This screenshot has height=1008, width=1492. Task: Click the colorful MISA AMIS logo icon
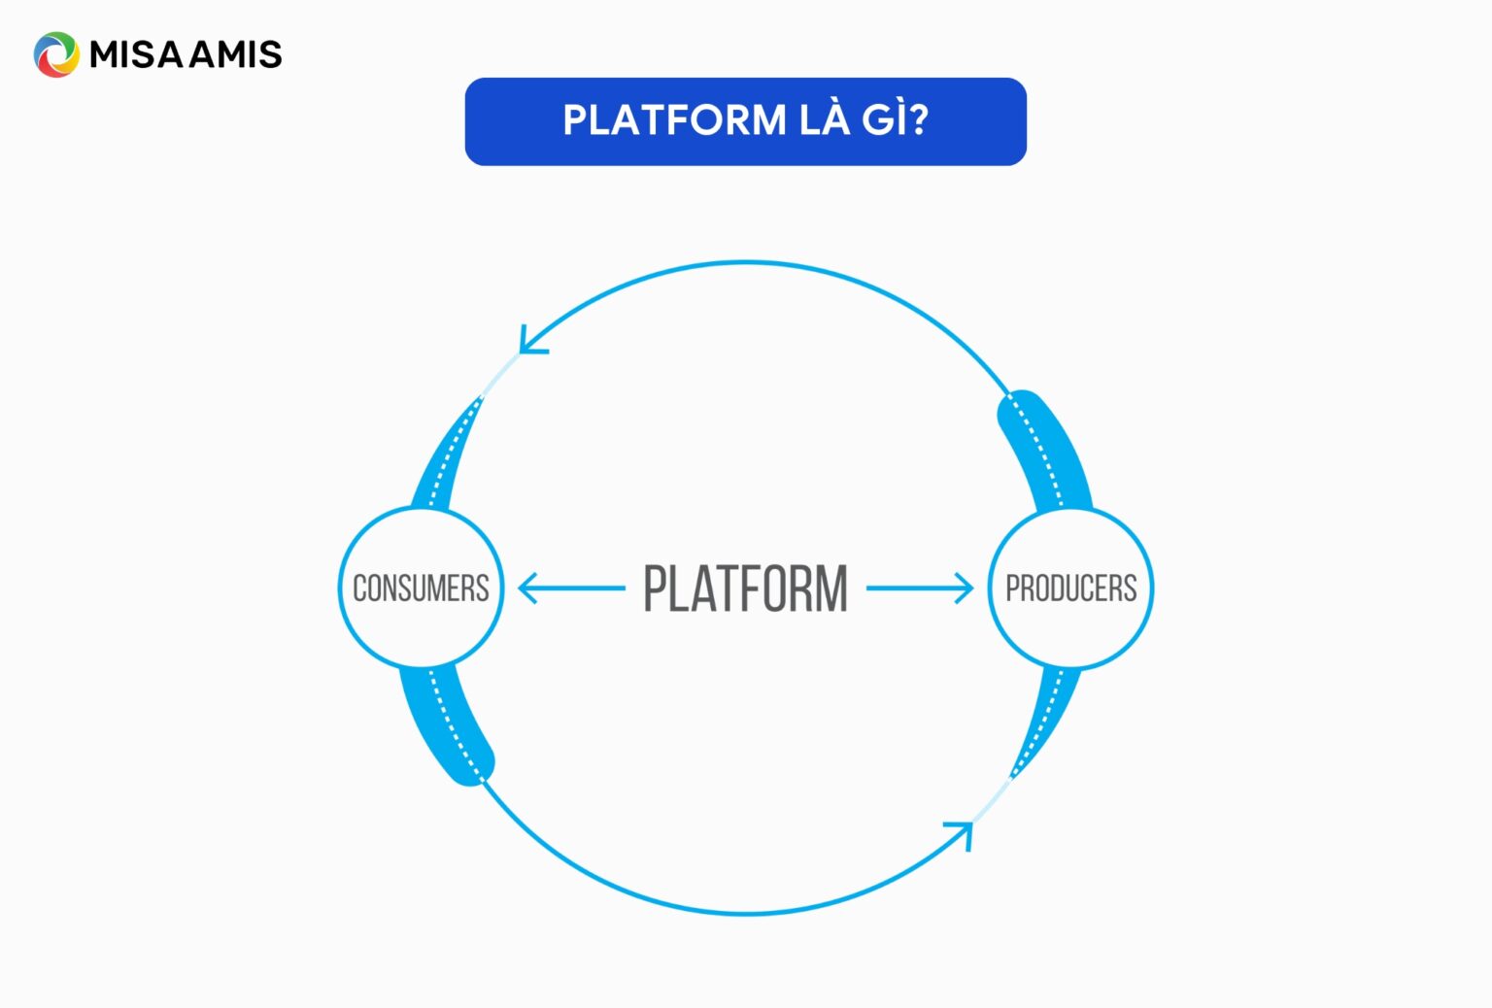(x=56, y=54)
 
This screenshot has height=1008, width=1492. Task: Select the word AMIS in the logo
(x=236, y=54)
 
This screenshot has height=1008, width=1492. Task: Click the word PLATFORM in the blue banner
(x=674, y=120)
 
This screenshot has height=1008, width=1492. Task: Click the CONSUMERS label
(x=421, y=588)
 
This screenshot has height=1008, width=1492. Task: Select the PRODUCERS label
(x=1070, y=588)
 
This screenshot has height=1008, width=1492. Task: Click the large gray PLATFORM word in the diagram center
(x=745, y=588)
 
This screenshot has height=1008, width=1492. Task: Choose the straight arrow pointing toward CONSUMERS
(x=570, y=588)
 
